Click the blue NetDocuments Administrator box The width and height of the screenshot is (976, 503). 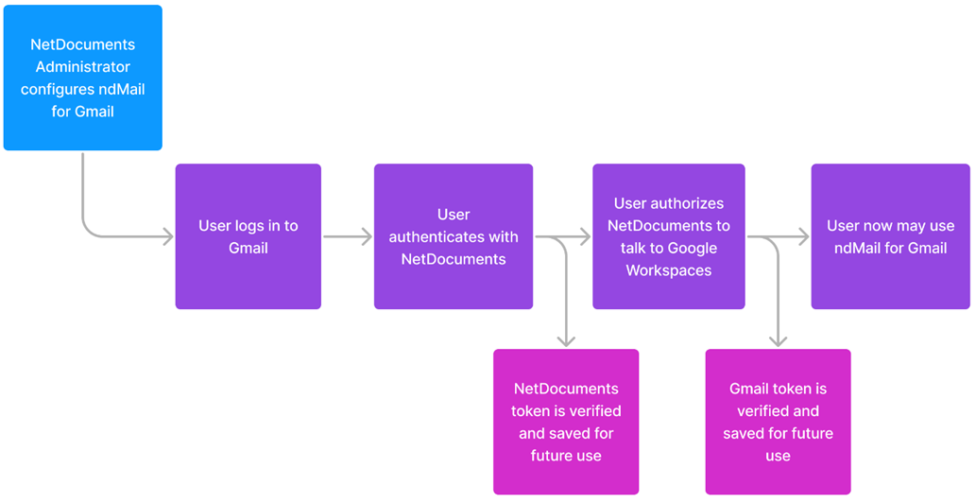tap(82, 78)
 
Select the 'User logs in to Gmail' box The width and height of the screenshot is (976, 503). tap(248, 236)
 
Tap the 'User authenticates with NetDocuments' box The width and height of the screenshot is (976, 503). tap(453, 236)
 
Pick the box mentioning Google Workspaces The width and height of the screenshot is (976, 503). tap(668, 236)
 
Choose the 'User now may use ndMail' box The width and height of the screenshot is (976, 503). tap(890, 236)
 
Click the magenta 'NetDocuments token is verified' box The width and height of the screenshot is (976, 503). tap(566, 422)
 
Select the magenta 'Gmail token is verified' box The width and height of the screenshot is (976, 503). tap(778, 422)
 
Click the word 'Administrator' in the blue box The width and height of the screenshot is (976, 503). tap(82, 67)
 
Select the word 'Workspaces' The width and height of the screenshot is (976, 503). tap(668, 270)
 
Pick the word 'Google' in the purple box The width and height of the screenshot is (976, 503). tap(692, 248)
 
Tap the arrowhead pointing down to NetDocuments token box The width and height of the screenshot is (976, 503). tap(566, 340)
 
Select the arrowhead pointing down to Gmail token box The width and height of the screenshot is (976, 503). tap(778, 340)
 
